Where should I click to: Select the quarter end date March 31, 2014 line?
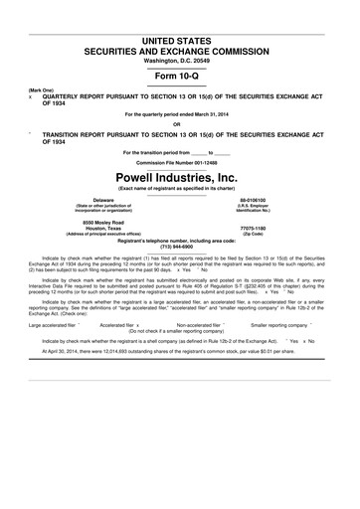tap(179, 114)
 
